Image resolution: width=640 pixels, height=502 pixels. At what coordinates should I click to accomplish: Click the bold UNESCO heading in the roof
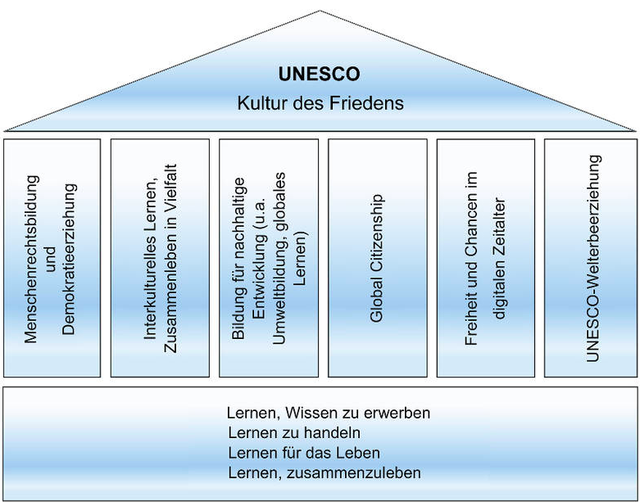(x=320, y=75)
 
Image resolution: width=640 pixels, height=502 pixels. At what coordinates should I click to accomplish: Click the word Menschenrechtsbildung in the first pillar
(x=31, y=260)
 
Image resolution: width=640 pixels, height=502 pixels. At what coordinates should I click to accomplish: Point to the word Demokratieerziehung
(x=69, y=260)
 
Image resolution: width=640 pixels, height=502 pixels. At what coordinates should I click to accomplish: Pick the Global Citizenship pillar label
(x=377, y=259)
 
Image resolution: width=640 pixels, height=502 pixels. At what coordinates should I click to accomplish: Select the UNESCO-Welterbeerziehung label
(x=592, y=259)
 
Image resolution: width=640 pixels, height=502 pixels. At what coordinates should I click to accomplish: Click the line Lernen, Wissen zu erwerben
(x=329, y=413)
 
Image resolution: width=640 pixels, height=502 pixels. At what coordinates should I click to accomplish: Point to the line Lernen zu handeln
(x=294, y=432)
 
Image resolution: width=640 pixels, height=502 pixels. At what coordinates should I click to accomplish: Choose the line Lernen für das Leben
(x=304, y=453)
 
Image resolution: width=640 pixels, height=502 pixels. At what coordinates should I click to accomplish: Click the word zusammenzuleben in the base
(x=353, y=473)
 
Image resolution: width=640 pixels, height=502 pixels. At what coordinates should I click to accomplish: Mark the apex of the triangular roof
(x=320, y=11)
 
